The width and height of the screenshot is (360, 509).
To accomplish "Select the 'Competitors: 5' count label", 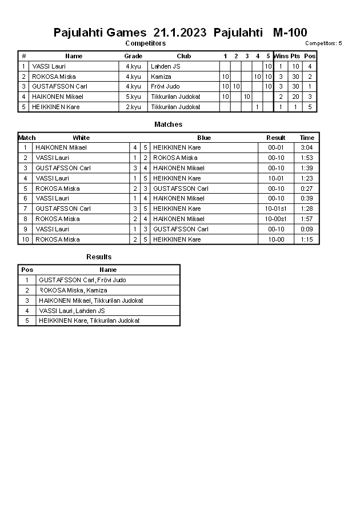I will click(x=323, y=43).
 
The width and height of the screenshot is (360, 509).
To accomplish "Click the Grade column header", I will click(x=133, y=56).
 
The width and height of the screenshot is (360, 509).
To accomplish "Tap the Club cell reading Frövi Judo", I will click(x=165, y=86).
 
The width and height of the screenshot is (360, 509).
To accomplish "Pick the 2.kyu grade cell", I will click(x=133, y=107).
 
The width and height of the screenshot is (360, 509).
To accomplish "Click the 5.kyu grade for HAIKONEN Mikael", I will click(x=133, y=97).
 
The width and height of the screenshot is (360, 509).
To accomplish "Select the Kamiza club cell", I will click(x=161, y=77).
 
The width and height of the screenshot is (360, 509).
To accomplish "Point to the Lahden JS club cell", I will click(x=165, y=66).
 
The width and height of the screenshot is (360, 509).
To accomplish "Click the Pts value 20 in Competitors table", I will click(x=295, y=97).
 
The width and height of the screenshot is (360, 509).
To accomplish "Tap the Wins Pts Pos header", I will click(x=295, y=56).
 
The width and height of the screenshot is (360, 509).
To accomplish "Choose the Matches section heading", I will click(x=169, y=125).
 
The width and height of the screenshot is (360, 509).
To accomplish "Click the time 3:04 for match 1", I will click(x=307, y=147).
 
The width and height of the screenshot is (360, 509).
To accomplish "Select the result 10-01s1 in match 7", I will click(x=275, y=209).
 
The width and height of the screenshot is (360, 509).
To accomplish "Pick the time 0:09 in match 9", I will click(x=307, y=229).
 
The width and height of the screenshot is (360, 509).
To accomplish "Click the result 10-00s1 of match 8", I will click(x=275, y=219).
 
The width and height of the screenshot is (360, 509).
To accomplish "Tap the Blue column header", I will click(x=204, y=138).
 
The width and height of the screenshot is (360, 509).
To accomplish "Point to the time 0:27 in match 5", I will click(x=307, y=189).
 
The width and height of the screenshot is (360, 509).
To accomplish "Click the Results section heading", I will click(x=99, y=257).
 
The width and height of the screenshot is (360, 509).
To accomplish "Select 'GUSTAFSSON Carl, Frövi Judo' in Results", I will click(x=82, y=280).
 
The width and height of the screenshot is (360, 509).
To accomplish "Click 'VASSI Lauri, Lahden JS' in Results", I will click(x=71, y=311).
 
